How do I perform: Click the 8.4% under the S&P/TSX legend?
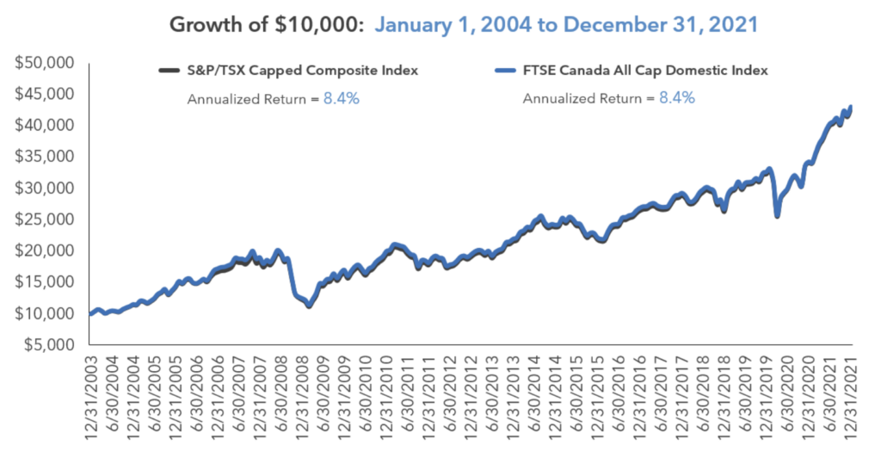(342, 98)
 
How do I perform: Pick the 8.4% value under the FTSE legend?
(677, 98)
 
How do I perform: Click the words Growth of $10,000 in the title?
(267, 23)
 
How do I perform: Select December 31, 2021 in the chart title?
(666, 23)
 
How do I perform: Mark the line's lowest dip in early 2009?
(309, 306)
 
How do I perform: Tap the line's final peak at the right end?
(851, 107)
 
